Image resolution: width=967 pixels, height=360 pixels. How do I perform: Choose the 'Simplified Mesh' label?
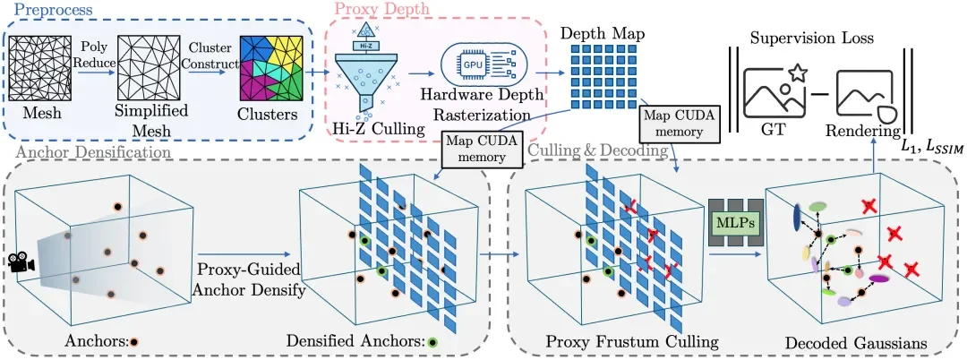tap(151, 124)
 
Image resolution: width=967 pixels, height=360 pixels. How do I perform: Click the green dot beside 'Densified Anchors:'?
tap(432, 341)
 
